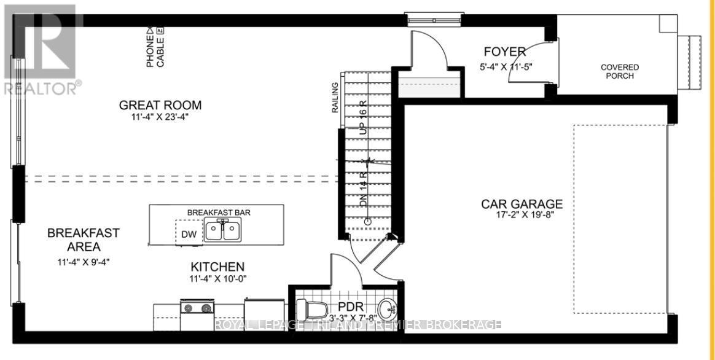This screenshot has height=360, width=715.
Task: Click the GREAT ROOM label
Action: tap(160, 105)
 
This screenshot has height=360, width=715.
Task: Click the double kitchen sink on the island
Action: tap(222, 230)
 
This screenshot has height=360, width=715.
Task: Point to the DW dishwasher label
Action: tap(188, 233)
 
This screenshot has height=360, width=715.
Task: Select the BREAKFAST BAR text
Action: tap(219, 213)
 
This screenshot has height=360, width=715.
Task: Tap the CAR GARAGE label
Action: tap(522, 204)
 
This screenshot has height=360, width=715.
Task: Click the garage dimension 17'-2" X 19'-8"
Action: tap(522, 216)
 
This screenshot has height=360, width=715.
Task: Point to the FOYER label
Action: tap(504, 52)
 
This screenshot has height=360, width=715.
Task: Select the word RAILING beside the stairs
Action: tap(335, 98)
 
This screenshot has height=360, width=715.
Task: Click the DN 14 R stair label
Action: tap(363, 190)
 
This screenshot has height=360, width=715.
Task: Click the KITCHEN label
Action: tap(217, 267)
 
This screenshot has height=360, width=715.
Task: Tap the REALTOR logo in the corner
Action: tap(41, 49)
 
